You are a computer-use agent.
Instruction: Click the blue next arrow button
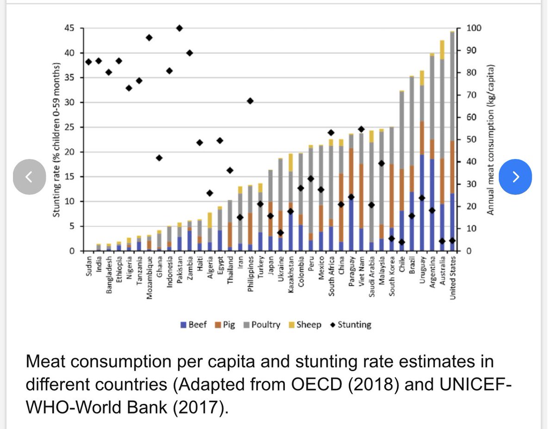coord(516,176)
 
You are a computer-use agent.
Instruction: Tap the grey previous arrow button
coord(29,176)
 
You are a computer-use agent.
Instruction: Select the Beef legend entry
coord(194,325)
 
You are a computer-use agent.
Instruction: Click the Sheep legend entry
coord(305,325)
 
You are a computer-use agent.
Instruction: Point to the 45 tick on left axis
coord(69,28)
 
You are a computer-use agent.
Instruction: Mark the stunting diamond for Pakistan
coord(179,28)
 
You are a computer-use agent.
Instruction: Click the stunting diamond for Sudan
coord(88,61)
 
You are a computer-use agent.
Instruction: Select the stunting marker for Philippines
coord(250,101)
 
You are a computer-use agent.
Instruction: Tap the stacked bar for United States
coord(452,139)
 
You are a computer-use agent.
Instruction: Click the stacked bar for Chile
coord(401,171)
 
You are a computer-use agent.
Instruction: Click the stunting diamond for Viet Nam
coord(361,129)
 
